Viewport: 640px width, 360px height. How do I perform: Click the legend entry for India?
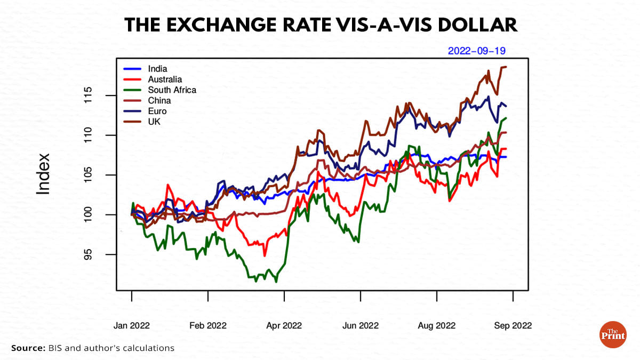tap(157, 69)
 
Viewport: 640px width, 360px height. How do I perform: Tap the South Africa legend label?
tap(172, 90)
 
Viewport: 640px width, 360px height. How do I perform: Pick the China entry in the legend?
tap(159, 101)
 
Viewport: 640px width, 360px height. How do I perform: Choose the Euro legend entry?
tap(157, 111)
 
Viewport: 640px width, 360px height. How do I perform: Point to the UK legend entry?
tap(154, 122)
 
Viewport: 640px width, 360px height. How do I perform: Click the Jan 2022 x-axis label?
tap(132, 325)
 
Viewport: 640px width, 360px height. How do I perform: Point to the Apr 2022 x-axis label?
tap(284, 325)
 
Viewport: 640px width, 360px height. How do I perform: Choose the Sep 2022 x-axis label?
tap(513, 325)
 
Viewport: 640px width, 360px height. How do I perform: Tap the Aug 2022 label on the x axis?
tap(437, 325)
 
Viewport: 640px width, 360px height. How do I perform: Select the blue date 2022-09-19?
tap(476, 51)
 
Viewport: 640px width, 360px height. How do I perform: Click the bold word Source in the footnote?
tap(27, 348)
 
